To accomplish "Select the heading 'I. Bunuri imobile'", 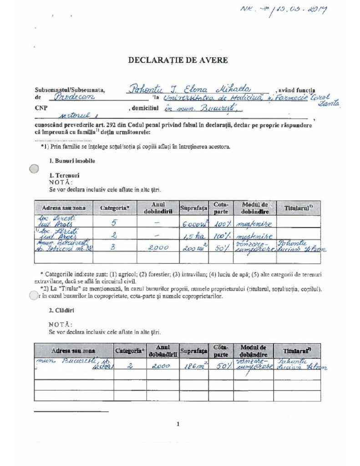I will pos(72,161).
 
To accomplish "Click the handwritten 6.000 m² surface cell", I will pos(193,223).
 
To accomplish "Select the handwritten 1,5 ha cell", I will pos(193,236).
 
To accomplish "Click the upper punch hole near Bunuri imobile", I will pos(34,169).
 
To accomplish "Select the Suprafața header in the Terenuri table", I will pos(193,208).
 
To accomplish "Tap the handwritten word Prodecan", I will pos(72,97).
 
